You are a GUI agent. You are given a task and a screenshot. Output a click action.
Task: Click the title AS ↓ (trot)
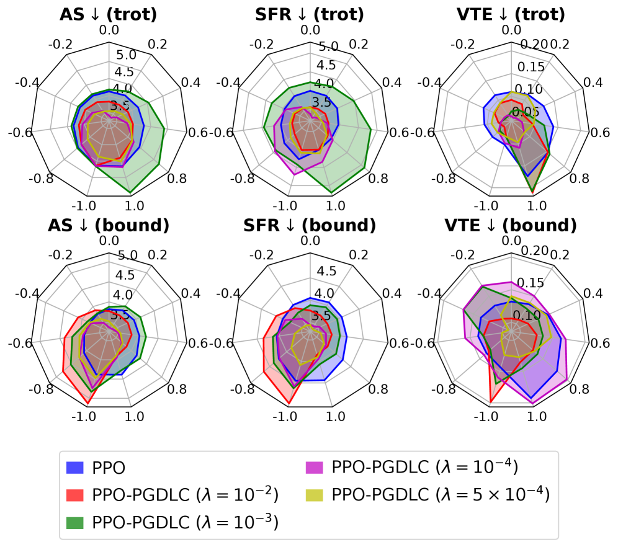[109, 14]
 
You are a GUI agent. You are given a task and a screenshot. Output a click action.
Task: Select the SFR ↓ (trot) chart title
[310, 14]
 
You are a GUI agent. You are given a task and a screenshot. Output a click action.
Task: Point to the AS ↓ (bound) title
[109, 225]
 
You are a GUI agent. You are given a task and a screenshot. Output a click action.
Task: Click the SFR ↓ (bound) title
[310, 225]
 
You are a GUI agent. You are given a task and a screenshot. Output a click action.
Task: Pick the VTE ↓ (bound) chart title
[511, 225]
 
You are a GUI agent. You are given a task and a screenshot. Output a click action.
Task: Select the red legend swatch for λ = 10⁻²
[75, 495]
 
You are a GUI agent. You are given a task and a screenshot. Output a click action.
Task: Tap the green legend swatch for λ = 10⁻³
[75, 522]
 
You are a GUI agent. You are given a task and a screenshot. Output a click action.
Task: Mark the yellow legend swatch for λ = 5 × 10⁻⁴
[316, 495]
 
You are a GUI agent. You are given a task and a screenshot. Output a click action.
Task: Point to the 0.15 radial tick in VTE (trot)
[531, 67]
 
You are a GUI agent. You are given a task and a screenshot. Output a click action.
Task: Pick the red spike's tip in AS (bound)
[87, 404]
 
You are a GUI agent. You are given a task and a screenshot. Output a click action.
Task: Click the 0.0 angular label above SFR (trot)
[310, 30]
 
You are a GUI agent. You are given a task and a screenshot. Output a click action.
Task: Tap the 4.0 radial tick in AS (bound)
[122, 295]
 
